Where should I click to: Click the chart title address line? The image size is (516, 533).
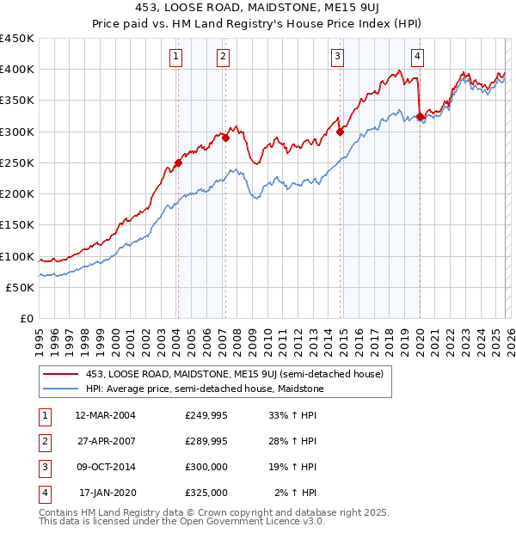point(257,9)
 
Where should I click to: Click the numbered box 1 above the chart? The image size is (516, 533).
point(176,58)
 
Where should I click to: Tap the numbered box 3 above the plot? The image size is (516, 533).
point(338,58)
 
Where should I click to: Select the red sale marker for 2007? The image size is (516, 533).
point(225,138)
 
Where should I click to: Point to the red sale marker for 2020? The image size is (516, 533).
point(420,116)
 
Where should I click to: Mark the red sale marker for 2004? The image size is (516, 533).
point(178,162)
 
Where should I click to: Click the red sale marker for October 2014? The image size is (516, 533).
point(341,132)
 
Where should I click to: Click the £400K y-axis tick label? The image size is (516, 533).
point(17,70)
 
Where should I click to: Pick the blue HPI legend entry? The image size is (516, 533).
point(204,389)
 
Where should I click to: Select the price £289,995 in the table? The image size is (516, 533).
point(206,442)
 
